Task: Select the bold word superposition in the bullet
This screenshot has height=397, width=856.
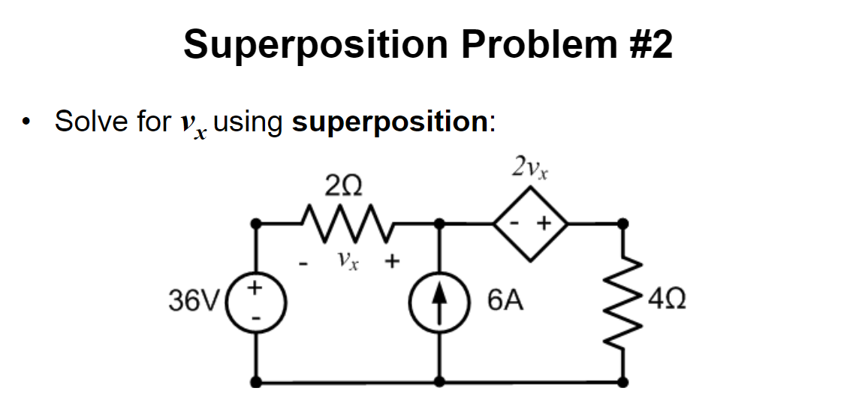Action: click(390, 122)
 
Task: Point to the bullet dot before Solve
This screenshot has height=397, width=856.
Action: click(28, 122)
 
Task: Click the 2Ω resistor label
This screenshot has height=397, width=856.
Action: click(343, 185)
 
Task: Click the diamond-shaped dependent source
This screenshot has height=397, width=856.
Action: click(530, 223)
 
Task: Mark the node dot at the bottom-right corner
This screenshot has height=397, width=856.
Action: click(622, 381)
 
